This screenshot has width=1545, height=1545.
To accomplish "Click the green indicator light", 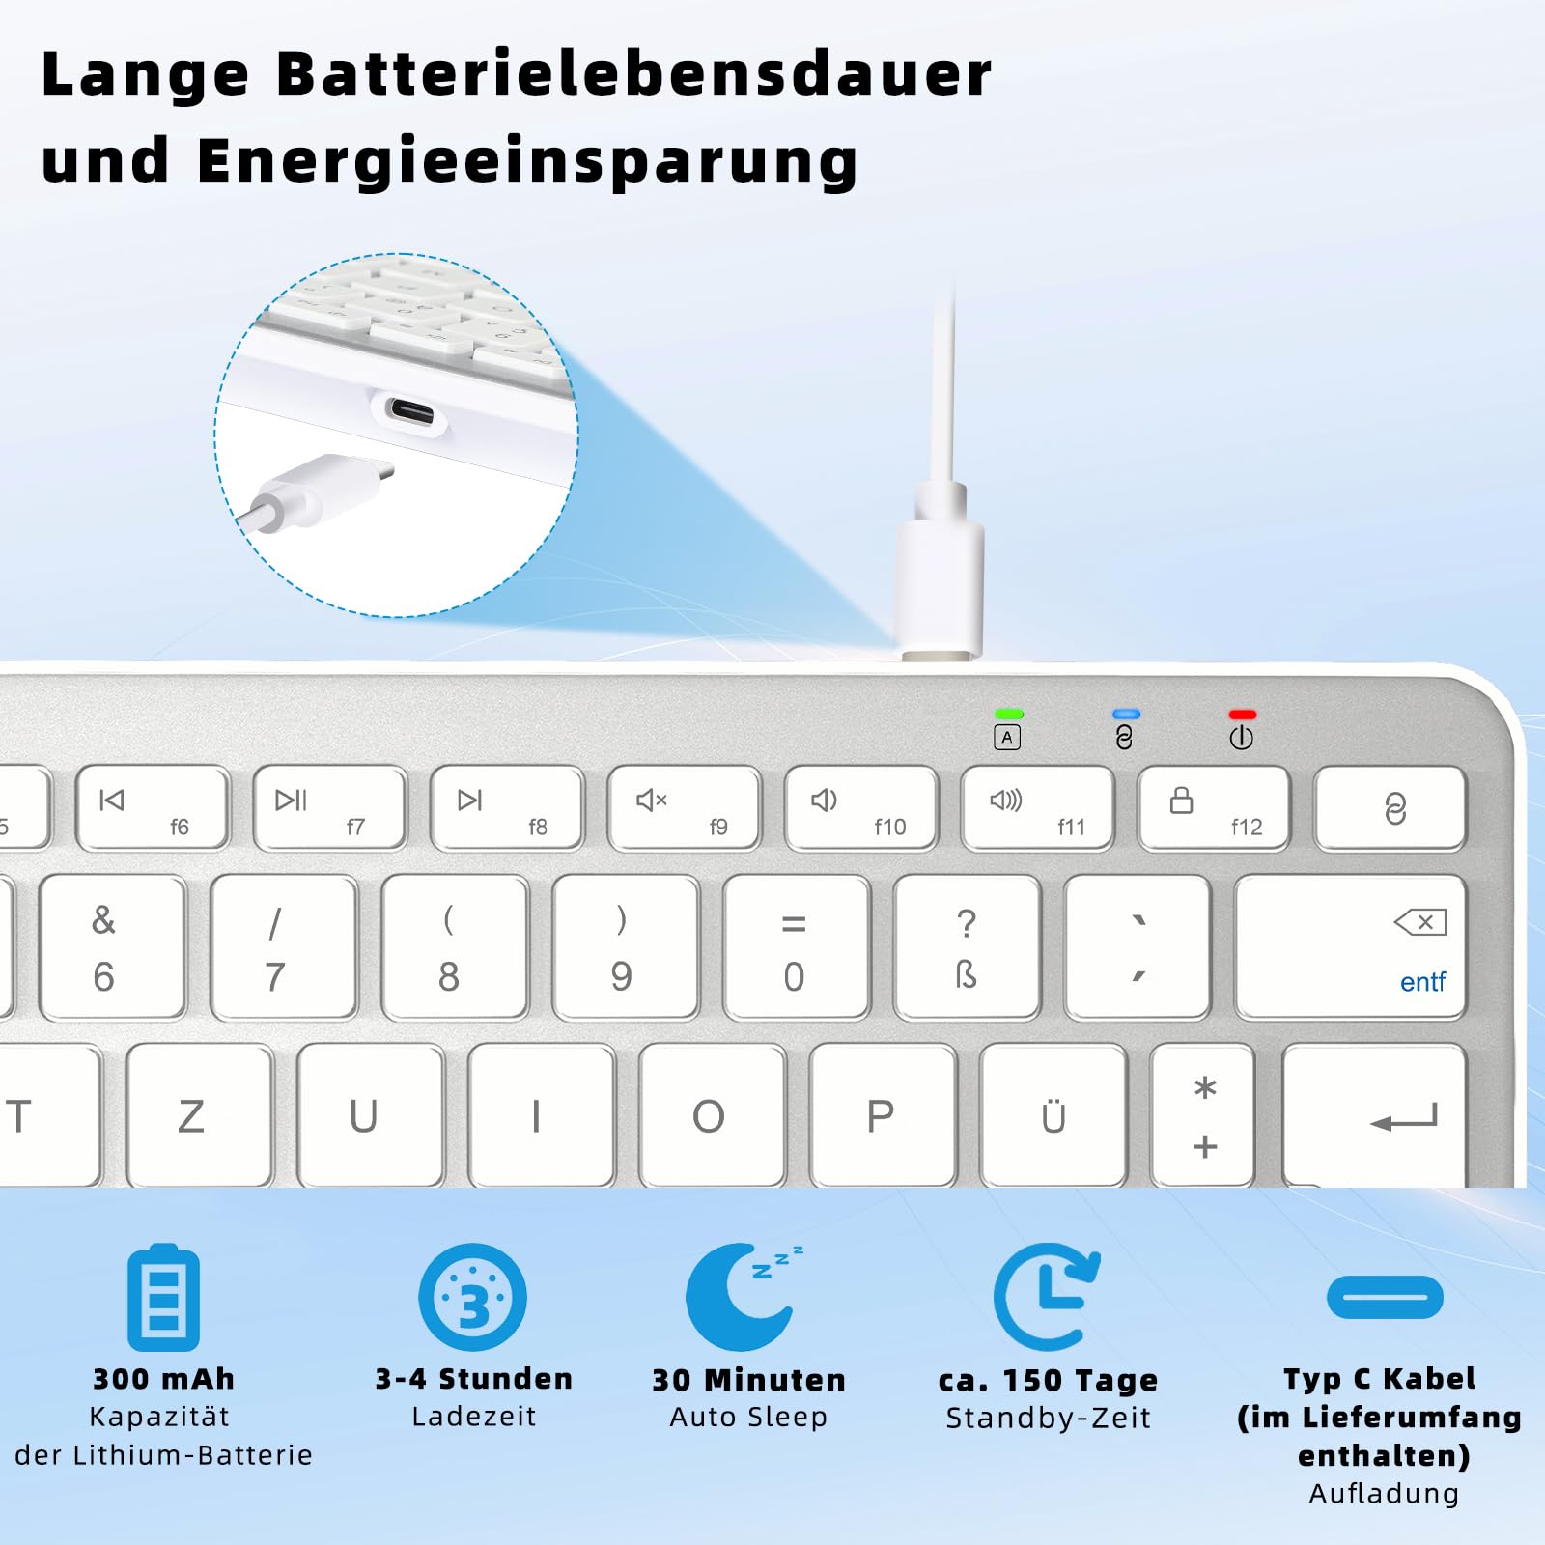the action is tap(1008, 715).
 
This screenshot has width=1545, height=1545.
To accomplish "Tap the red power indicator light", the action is tap(1242, 715).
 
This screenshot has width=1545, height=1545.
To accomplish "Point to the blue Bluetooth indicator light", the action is tap(1126, 715).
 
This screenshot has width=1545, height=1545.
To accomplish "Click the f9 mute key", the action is tap(684, 808).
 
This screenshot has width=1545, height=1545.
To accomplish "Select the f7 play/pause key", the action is tap(329, 808).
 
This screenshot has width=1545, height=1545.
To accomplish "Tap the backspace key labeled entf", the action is tap(1350, 947).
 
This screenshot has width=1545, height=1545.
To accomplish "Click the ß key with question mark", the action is tap(967, 947).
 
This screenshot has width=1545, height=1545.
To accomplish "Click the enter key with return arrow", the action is tap(1374, 1115).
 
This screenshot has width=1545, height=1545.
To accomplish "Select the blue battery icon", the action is tap(164, 1297).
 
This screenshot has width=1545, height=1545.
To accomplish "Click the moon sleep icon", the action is tap(742, 1297).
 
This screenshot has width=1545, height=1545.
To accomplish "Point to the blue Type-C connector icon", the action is tap(1385, 1297).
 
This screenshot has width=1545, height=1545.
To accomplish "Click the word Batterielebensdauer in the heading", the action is tap(634, 73).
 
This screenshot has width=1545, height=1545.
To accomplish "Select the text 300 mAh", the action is tap(164, 1379).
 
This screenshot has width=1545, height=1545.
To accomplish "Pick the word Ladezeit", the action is tap(473, 1417).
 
